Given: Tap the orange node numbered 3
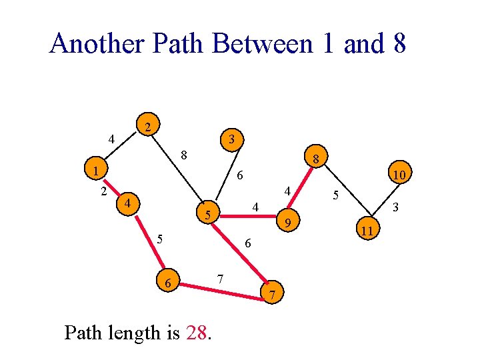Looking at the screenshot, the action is (x=230, y=139).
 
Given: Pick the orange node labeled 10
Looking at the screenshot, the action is (x=399, y=175).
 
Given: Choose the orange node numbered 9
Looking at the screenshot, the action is (x=287, y=222).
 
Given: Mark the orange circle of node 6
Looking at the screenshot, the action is (x=169, y=283).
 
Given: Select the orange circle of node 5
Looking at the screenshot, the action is (x=209, y=215).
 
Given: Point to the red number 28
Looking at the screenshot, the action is (x=197, y=332).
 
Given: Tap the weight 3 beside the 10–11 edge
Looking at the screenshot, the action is (x=395, y=208).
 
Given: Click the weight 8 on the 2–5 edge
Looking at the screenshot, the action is (x=183, y=156).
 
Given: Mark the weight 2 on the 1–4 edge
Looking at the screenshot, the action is (x=103, y=192).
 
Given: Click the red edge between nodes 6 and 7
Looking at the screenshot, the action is (x=220, y=289).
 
